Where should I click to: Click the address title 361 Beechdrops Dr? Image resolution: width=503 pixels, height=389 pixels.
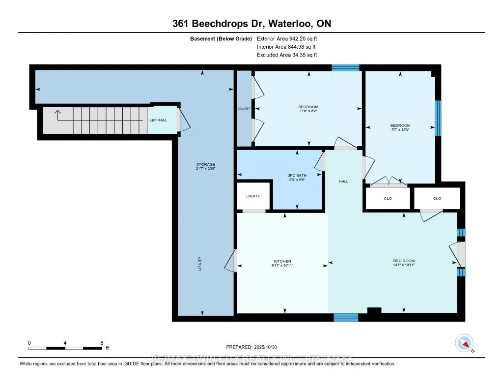(x=251, y=24)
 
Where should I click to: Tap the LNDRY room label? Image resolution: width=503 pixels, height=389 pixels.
(x=253, y=196)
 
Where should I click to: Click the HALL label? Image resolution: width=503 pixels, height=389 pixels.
(x=343, y=181)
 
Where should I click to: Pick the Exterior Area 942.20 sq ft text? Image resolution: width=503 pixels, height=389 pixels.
(x=290, y=38)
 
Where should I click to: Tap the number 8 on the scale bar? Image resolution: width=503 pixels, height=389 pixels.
(x=101, y=342)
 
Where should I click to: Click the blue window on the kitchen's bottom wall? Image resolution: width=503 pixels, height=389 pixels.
(x=346, y=318)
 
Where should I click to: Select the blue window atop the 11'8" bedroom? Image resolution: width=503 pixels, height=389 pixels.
(x=345, y=68)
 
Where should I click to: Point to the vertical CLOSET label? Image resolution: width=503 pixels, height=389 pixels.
(x=244, y=108)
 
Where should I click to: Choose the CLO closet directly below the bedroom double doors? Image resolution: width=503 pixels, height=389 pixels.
(x=388, y=199)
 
